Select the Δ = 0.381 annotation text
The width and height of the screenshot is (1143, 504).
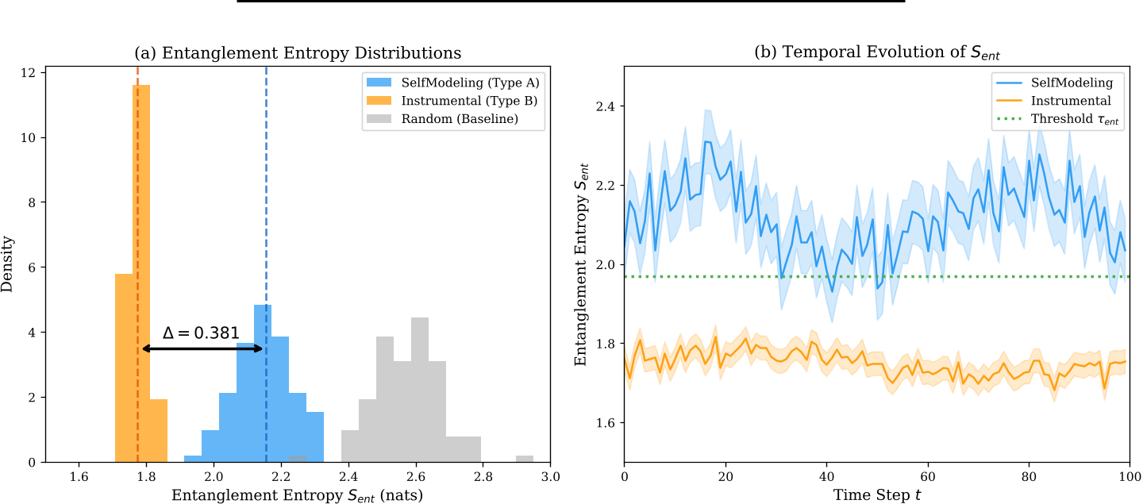[x=200, y=333]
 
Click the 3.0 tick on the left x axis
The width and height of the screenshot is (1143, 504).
[x=550, y=477]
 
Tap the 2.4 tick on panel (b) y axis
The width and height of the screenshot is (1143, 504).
[x=606, y=106]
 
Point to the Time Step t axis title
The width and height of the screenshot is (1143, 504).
[x=876, y=495]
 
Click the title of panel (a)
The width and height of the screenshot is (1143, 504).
[x=298, y=53]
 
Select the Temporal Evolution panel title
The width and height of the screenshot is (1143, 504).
[x=876, y=53]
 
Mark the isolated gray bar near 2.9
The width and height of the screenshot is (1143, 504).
[x=525, y=459]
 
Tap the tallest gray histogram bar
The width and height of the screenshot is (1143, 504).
[x=420, y=390]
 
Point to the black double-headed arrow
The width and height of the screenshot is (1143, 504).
[x=202, y=348]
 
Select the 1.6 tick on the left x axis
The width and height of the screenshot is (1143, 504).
[x=79, y=477]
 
